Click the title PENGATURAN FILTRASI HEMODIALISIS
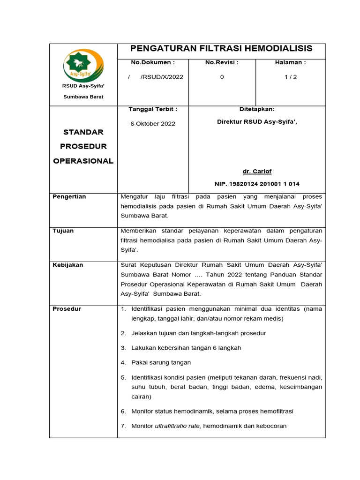[x=221, y=49]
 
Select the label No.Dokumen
[x=153, y=62]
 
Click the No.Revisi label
[x=222, y=62]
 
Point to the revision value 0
[x=222, y=77]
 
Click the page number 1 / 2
[x=290, y=77]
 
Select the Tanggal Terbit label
[x=153, y=109]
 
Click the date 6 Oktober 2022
[x=153, y=124]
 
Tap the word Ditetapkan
[x=257, y=109]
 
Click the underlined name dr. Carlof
[x=257, y=171]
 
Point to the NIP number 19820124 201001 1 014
[x=257, y=184]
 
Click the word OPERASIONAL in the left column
[x=83, y=161]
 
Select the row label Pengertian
[x=69, y=196]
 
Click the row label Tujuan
[x=63, y=231]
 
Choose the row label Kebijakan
[x=68, y=265]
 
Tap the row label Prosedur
[x=67, y=309]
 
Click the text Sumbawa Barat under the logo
[x=83, y=97]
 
